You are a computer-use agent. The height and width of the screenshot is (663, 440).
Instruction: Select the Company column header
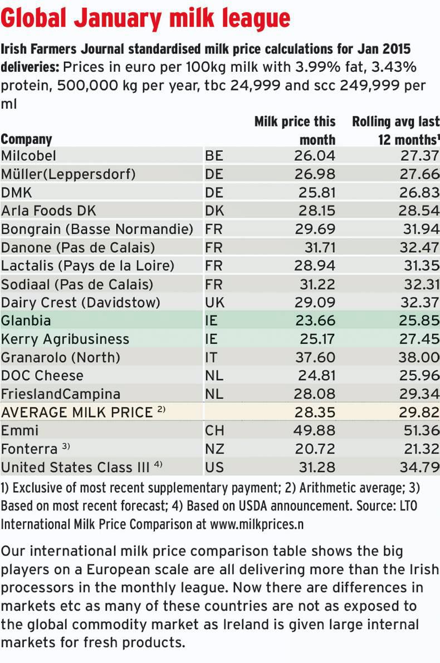coord(26,139)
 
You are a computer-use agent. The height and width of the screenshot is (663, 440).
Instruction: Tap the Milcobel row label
coord(29,156)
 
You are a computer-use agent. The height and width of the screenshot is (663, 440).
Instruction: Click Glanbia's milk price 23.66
coord(315,321)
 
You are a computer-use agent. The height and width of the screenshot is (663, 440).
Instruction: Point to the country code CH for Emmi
coord(214,431)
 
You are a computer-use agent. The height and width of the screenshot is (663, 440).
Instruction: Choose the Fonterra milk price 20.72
coord(315,449)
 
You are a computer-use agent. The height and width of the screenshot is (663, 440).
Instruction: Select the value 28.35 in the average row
coord(315,412)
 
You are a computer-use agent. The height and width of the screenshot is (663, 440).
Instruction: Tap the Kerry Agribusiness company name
coord(65,339)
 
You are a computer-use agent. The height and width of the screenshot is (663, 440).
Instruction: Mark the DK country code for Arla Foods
coord(214,211)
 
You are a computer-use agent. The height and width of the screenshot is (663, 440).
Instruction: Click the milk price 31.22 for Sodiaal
coord(315,284)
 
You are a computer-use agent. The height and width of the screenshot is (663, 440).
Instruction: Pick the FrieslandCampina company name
coord(61,394)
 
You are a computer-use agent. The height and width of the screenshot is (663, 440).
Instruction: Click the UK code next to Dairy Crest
coord(214,303)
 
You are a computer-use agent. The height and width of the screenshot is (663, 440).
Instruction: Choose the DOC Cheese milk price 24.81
coord(315,376)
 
